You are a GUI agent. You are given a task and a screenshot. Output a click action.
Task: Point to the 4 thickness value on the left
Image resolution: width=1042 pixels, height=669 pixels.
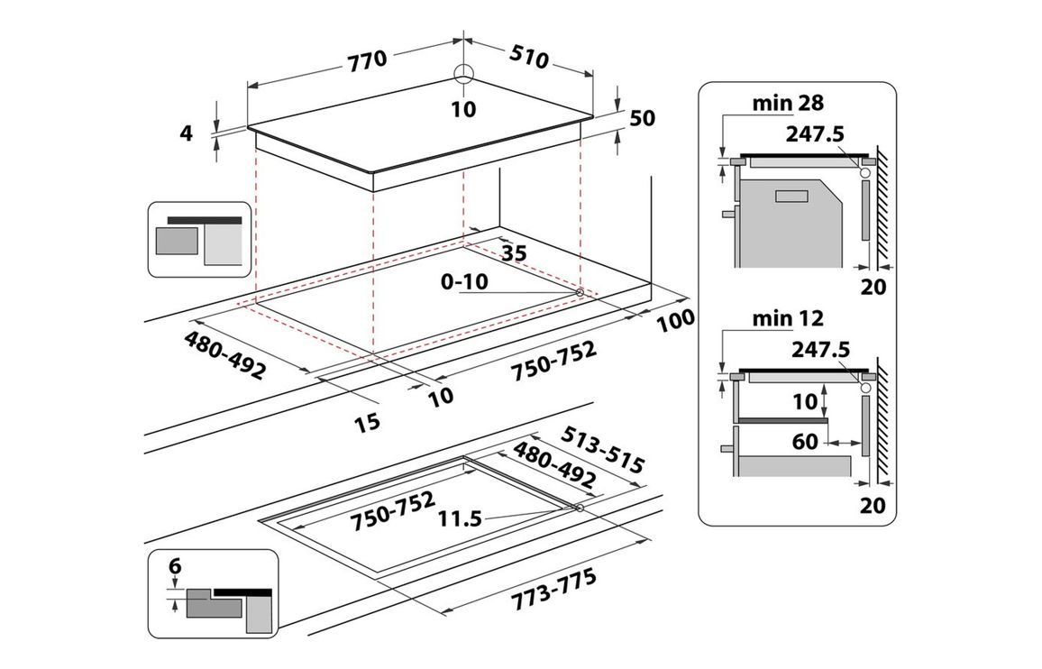tap(187, 133)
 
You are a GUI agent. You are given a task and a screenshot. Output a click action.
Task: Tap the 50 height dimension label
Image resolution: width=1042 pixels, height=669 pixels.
tap(643, 118)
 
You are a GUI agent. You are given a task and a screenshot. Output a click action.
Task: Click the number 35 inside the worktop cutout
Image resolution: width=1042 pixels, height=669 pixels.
tap(514, 253)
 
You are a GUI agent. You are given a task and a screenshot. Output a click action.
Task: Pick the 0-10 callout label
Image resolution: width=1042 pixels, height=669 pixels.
tap(465, 282)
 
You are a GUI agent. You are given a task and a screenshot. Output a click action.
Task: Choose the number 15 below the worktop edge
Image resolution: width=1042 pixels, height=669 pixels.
tap(367, 420)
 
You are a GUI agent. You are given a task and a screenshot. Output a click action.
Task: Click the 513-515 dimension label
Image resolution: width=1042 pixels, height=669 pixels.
tap(601, 450)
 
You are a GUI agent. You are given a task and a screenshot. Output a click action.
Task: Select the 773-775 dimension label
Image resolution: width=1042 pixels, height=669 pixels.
tap(554, 591)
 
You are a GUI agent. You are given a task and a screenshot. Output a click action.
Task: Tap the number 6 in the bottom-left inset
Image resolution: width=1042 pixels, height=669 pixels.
tap(175, 566)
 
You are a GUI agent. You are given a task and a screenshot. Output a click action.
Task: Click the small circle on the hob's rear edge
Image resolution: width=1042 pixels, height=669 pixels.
tap(463, 74)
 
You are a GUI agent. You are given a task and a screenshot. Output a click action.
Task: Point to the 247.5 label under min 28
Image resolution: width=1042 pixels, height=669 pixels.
tap(815, 133)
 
